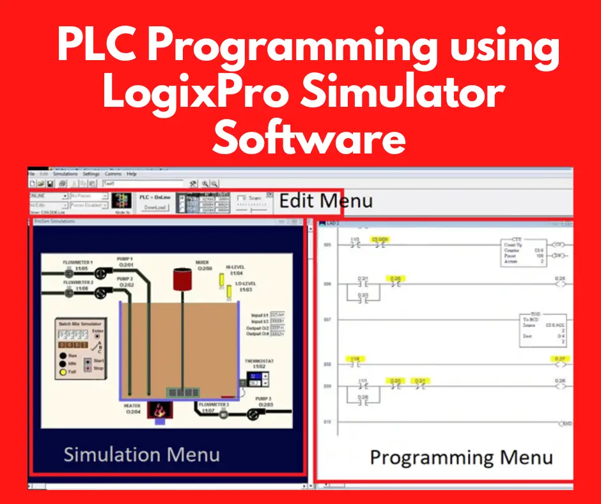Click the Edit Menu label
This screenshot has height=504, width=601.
pos(325,201)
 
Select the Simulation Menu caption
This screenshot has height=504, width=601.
pos(141,454)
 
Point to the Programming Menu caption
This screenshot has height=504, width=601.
pos(461,458)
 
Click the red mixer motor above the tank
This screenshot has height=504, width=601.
pos(183,279)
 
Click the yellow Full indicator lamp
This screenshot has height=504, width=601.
pos(63,371)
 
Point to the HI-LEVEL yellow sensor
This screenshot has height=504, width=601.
pos(223,279)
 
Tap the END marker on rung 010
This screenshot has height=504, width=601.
pos(565,423)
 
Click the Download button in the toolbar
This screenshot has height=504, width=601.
pos(155,207)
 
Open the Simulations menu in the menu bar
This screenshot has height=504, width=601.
pos(65,174)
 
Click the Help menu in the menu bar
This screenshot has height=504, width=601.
pos(132,174)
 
